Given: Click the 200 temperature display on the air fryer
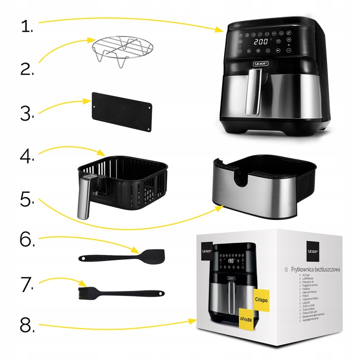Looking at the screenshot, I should (260, 42).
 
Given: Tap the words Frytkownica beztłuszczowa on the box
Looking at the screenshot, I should (315, 269).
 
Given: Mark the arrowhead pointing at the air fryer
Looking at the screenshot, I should (221, 30).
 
